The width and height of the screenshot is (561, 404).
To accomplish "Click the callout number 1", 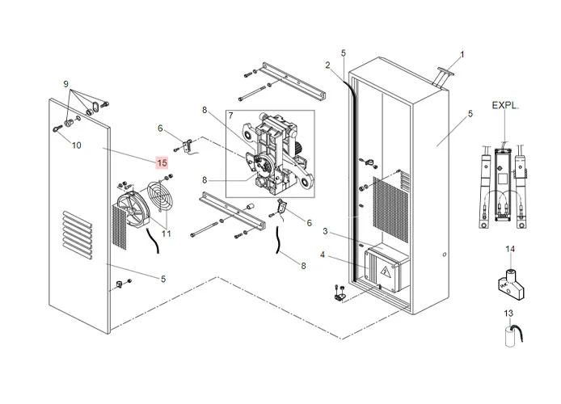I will click(x=462, y=55).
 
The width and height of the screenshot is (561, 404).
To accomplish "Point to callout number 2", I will click(x=328, y=65).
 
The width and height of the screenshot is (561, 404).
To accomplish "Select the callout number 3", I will click(x=324, y=232).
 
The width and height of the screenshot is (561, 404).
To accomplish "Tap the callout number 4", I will click(x=322, y=255).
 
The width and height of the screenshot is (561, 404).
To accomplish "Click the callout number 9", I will click(x=65, y=83).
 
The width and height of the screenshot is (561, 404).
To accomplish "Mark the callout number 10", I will click(x=77, y=146).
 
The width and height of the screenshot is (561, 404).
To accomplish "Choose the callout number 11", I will click(x=167, y=234).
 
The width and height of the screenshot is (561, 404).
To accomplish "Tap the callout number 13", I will click(x=508, y=313).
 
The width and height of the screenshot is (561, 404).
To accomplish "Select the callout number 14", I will click(x=510, y=248).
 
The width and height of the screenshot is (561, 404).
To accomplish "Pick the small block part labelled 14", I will click(x=508, y=276).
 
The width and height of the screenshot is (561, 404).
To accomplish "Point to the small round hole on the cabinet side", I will click(x=444, y=256).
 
